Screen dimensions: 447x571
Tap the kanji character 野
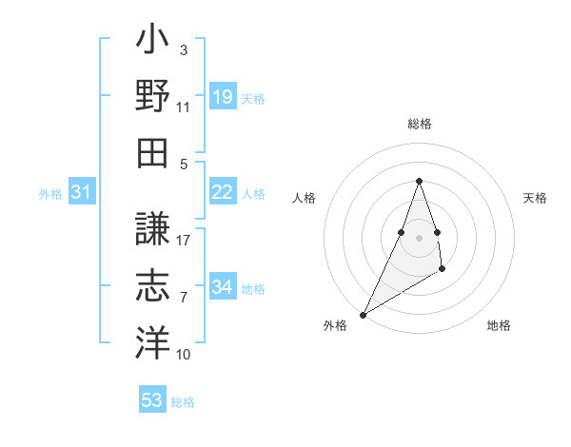click(151, 98)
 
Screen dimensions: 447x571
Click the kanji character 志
click(151, 286)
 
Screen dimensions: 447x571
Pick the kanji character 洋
click(151, 342)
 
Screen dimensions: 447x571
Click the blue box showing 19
click(223, 97)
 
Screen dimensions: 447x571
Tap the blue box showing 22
click(223, 192)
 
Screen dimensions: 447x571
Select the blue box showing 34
click(223, 287)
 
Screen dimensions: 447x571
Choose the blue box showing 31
click(82, 192)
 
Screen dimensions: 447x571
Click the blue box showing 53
click(152, 400)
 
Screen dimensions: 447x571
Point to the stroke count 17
click(184, 240)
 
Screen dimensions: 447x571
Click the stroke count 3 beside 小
click(183, 49)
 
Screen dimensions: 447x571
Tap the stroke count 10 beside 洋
click(184, 354)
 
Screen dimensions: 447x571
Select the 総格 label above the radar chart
click(419, 124)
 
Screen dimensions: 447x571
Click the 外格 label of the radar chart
click(335, 326)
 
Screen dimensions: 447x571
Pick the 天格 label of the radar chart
click(535, 198)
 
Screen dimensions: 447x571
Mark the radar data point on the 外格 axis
click(364, 314)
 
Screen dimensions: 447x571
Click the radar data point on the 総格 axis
click(419, 181)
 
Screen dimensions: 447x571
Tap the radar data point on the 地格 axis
click(443, 271)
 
